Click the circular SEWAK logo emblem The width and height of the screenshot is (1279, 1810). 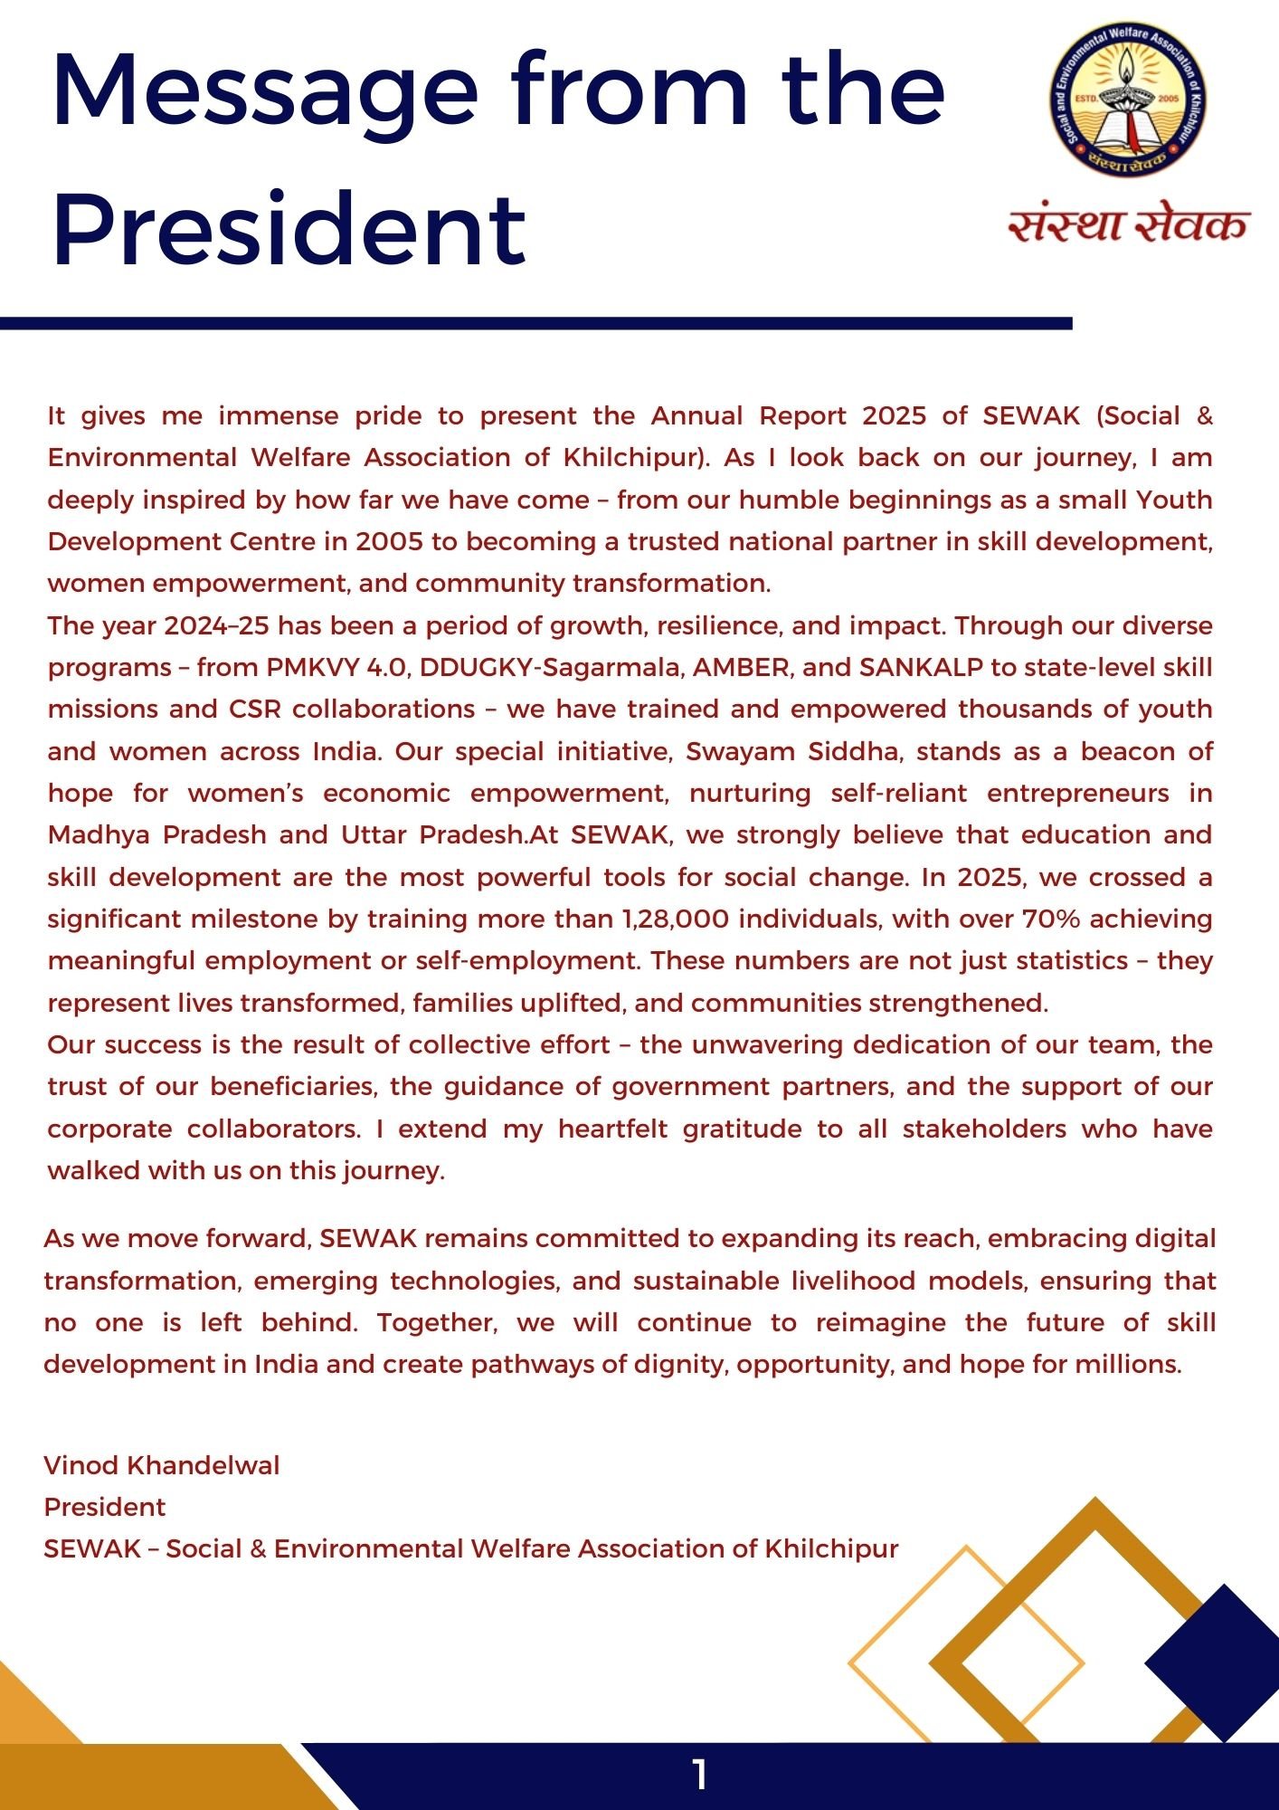[1128, 100]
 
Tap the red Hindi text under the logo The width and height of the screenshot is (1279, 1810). [1128, 224]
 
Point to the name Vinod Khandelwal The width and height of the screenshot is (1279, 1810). [162, 1465]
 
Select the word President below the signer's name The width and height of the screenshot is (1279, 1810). [105, 1507]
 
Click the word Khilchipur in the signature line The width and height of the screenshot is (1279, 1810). [831, 1548]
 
